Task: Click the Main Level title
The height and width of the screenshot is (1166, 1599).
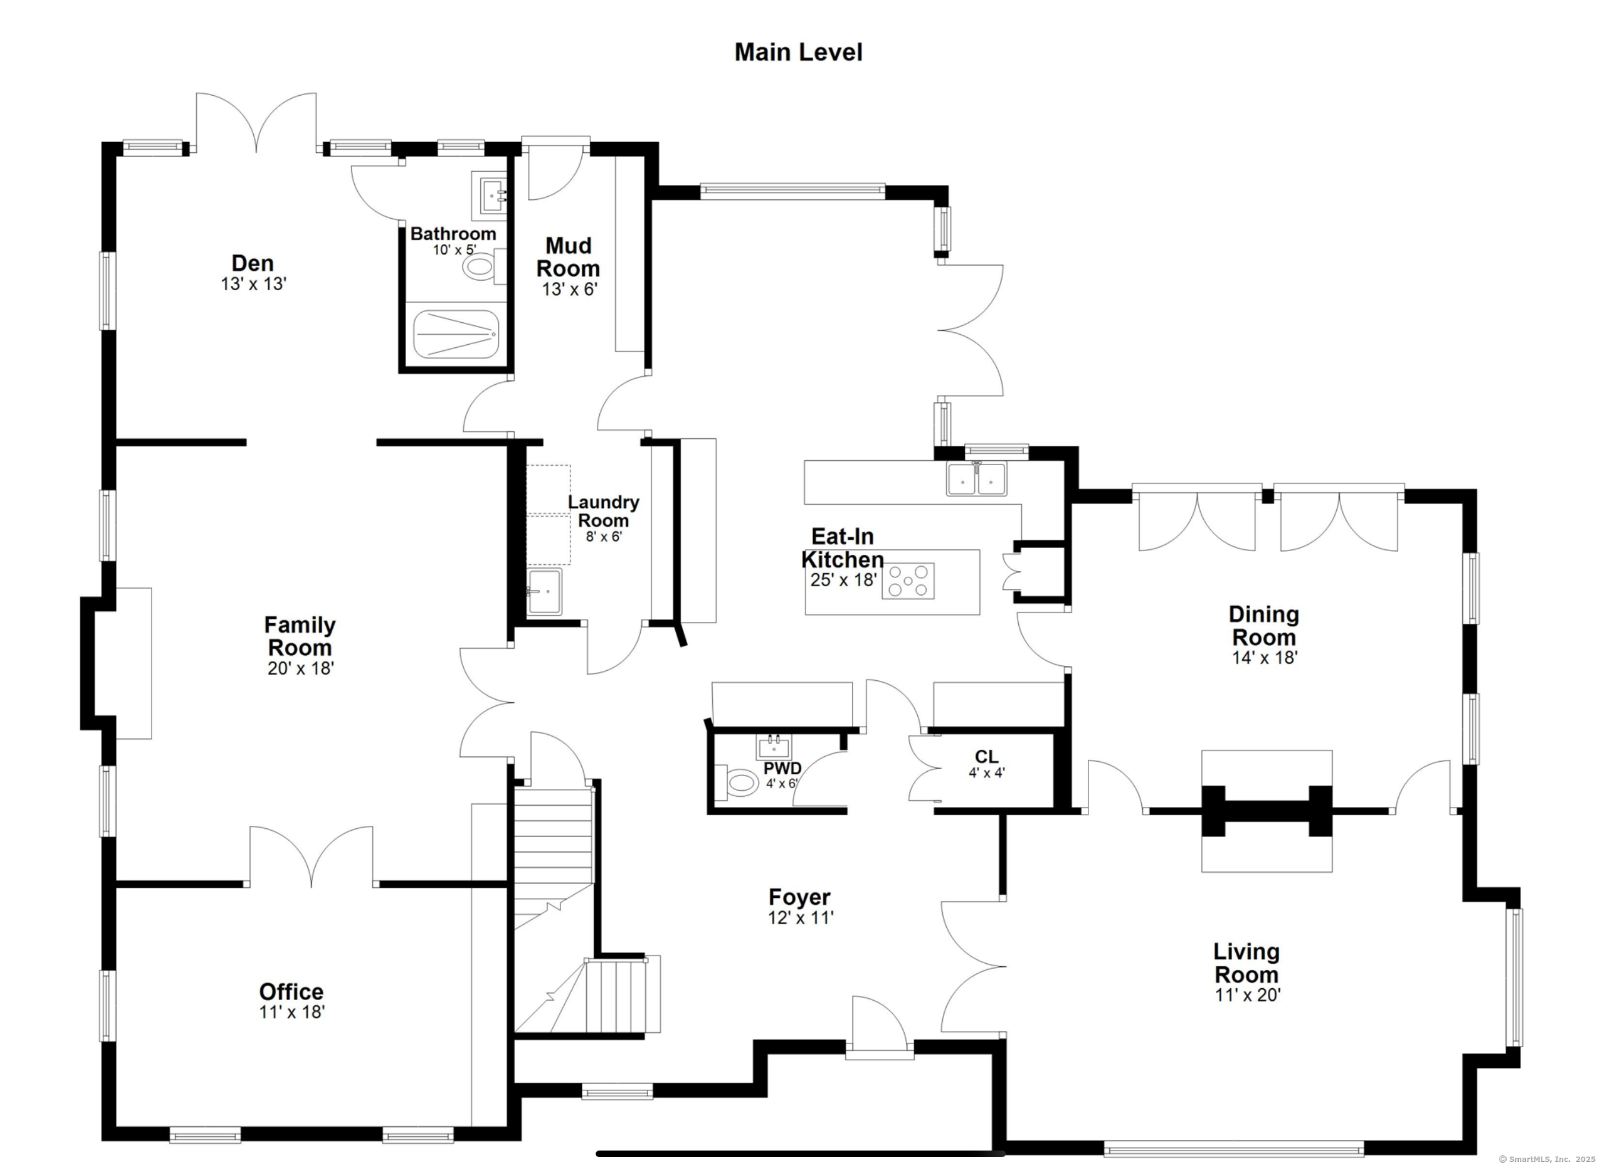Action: coord(798,52)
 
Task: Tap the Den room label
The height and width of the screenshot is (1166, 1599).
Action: coord(253,263)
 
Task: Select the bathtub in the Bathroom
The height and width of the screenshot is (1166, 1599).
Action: coord(456,334)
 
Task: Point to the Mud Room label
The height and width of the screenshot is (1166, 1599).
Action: coord(569,257)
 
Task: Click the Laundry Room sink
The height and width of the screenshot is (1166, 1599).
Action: coord(544,592)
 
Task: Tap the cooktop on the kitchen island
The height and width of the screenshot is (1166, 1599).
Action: coord(908,581)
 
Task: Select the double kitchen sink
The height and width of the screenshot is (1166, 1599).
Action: coord(977,479)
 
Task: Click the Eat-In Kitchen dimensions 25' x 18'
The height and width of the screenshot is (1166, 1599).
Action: coord(843,580)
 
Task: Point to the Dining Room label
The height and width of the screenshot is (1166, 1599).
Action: coord(1264,626)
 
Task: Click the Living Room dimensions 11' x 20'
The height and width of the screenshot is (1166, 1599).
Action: coord(1248,995)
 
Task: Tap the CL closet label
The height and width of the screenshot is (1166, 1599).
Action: coord(987,757)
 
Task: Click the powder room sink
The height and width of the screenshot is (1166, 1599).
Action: coord(774,747)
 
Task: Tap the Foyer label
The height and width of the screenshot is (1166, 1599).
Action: coord(799,897)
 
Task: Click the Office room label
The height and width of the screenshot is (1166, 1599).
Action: coord(291,992)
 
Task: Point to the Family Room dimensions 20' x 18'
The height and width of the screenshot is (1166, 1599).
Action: coord(301,668)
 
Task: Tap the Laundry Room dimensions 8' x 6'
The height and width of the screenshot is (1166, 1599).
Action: coord(604,536)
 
